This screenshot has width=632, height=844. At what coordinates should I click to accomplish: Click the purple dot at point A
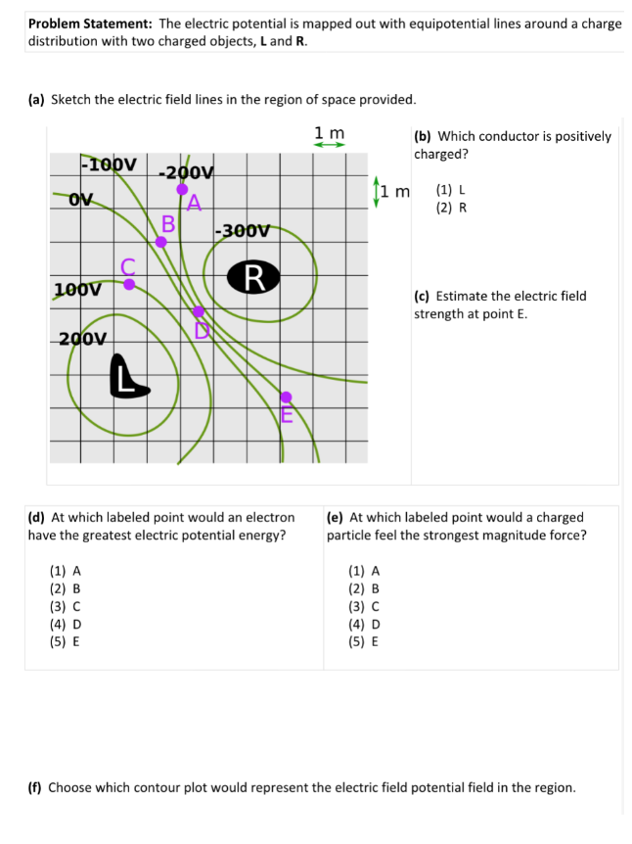(x=182, y=189)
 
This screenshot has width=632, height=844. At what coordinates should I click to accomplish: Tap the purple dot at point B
(x=162, y=241)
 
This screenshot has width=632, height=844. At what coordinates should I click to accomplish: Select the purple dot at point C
(x=129, y=283)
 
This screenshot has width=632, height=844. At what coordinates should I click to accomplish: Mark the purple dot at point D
(x=199, y=310)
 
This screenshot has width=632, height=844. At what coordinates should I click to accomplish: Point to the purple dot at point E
(x=286, y=397)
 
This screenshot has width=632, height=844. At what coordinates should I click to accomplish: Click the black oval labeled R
(x=253, y=276)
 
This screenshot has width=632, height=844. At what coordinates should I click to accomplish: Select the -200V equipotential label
(x=186, y=172)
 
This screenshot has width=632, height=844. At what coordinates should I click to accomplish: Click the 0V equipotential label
(x=81, y=199)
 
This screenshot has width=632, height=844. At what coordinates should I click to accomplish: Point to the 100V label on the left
(x=77, y=290)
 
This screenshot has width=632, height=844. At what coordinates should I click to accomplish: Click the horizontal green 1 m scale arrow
(x=329, y=146)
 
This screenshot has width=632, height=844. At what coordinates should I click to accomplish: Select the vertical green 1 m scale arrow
(x=377, y=191)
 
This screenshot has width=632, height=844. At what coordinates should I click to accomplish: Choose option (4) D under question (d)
(x=66, y=625)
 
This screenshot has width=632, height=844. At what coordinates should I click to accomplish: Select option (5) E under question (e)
(x=364, y=642)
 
